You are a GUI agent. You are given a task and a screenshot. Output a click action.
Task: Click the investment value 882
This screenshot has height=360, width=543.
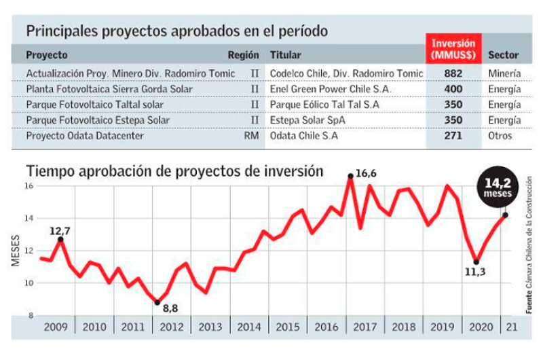click(453, 73)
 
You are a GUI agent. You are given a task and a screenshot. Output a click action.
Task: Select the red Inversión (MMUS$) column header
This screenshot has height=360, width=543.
click(453, 48)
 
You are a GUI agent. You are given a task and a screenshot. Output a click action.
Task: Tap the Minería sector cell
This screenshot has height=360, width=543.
click(504, 73)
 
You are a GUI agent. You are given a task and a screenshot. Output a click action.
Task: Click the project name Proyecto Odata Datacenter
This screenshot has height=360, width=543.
click(85, 135)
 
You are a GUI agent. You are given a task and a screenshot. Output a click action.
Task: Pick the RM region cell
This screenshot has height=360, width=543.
click(251, 135)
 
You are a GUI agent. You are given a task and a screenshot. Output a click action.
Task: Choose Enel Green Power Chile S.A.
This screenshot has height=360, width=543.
click(331, 89)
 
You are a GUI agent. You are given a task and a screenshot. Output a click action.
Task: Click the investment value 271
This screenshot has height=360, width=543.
click(453, 135)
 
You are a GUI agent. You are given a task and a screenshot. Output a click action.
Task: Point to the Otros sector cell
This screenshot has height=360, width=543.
click(500, 135)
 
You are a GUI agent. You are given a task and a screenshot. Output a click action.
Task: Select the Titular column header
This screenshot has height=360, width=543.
click(286, 55)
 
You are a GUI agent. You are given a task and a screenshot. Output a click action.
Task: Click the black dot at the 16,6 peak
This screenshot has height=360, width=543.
click(350, 176)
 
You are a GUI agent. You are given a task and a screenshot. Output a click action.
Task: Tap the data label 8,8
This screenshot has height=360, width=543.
click(170, 308)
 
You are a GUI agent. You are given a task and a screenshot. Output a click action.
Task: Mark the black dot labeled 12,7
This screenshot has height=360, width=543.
click(60, 239)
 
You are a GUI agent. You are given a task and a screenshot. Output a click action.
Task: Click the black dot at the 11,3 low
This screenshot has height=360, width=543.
click(476, 262)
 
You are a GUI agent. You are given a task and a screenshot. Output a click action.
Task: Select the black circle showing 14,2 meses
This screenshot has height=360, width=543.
click(498, 187)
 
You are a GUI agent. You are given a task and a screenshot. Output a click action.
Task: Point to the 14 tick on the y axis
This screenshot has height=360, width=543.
click(29, 218)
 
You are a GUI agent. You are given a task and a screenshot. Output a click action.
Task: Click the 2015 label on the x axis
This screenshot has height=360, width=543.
click(288, 327)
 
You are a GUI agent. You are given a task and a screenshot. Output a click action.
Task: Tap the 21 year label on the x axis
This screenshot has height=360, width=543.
click(512, 327)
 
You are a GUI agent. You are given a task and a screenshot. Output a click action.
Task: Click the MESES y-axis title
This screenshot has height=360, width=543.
click(15, 251)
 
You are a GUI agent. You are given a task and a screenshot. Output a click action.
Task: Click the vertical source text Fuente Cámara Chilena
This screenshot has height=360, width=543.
click(529, 245)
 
